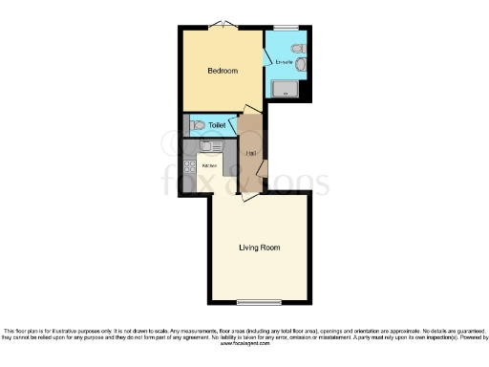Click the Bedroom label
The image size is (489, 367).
(223, 71)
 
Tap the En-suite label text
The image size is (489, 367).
(284, 62)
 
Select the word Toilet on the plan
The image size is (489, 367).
(218, 125)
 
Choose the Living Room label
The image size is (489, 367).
(259, 248)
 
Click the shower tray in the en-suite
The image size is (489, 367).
(286, 90)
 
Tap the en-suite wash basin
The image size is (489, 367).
(302, 64)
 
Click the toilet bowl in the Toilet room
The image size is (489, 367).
(197, 124)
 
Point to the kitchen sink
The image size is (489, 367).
(206, 147)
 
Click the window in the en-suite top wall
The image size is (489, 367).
(285, 28)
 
